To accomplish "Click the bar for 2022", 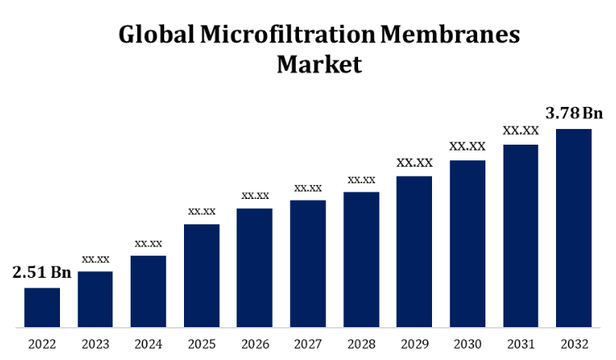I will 42,307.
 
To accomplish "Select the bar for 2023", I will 95,299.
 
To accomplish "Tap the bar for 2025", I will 201,275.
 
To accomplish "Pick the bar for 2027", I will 308,264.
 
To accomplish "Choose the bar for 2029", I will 414,252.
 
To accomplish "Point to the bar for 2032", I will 573,228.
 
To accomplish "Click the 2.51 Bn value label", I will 42,272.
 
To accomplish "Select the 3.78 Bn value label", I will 574,113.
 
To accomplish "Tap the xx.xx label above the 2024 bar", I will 149,243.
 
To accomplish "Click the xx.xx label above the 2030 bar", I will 467,146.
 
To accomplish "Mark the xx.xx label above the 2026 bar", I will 255,196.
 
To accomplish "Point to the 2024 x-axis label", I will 149,344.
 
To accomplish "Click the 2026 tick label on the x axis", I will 255,344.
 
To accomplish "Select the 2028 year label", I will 361,344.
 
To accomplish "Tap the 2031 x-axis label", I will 521,344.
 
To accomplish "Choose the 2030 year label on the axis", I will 467,344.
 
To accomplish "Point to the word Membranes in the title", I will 451,35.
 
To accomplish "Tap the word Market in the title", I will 319,63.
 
